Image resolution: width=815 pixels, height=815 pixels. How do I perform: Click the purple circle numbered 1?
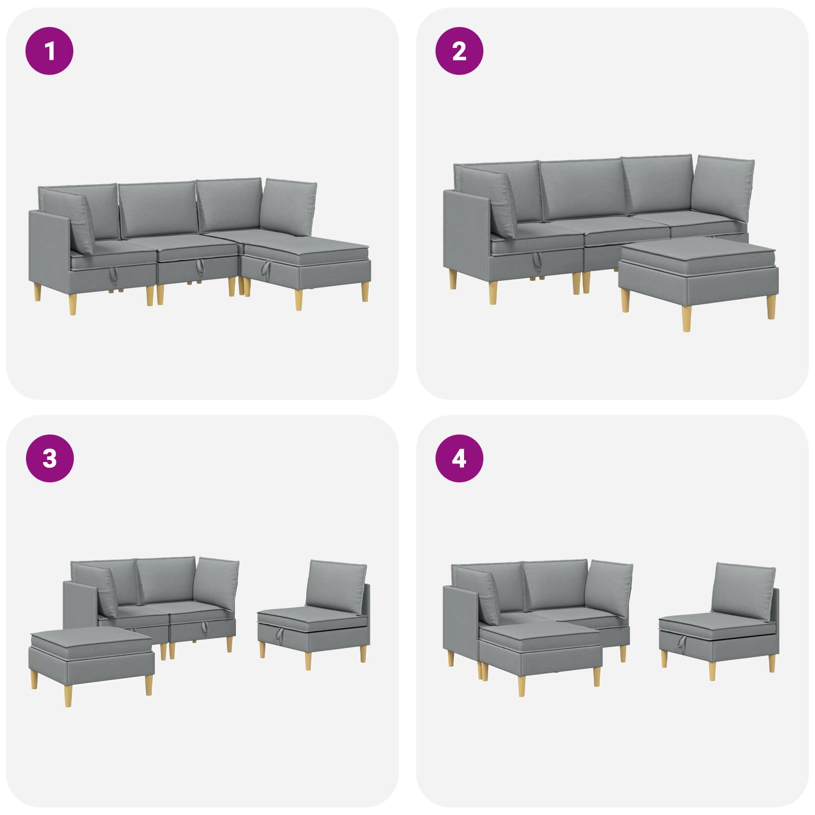pos(49,51)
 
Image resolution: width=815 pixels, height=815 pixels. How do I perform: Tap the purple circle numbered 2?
pos(459,51)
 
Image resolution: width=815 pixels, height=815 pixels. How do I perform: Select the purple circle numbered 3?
pos(49,458)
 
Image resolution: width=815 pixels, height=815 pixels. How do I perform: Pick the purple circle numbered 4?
pos(459,458)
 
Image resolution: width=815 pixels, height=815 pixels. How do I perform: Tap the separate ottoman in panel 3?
pos(92,660)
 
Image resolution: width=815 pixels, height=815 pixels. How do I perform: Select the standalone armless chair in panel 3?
pos(314,614)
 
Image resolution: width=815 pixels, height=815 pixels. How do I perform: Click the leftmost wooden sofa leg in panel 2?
pos(453,279)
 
